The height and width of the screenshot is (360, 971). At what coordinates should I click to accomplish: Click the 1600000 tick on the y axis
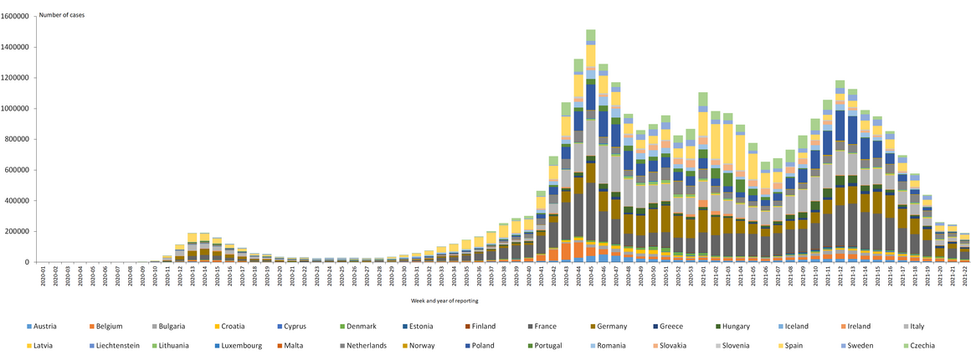click(x=18, y=16)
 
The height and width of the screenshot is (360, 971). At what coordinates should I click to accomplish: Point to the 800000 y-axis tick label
click(x=21, y=139)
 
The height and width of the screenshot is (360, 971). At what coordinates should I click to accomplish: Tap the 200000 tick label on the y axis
click(x=21, y=231)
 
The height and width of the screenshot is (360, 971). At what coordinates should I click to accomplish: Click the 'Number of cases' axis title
click(x=61, y=15)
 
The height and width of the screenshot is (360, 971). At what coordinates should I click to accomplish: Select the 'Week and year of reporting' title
click(x=444, y=300)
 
